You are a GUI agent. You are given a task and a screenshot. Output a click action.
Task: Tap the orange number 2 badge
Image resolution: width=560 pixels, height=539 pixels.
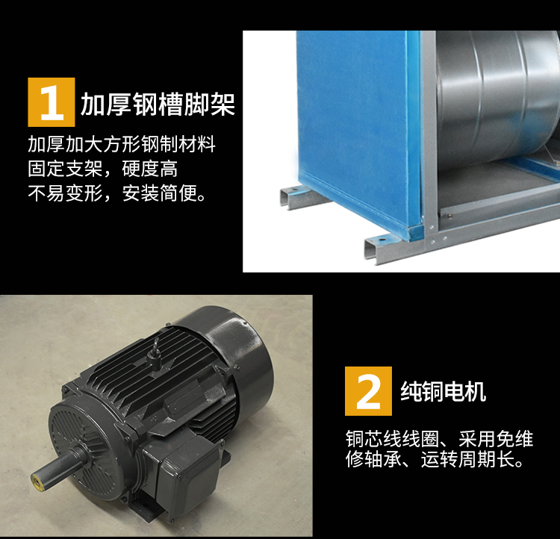pyautogui.click(x=368, y=391)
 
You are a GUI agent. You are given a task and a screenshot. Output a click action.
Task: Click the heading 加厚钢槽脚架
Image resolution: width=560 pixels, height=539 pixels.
pyautogui.click(x=158, y=104)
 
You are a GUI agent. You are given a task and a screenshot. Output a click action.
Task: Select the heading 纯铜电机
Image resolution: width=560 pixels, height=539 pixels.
pyautogui.click(x=443, y=390)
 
